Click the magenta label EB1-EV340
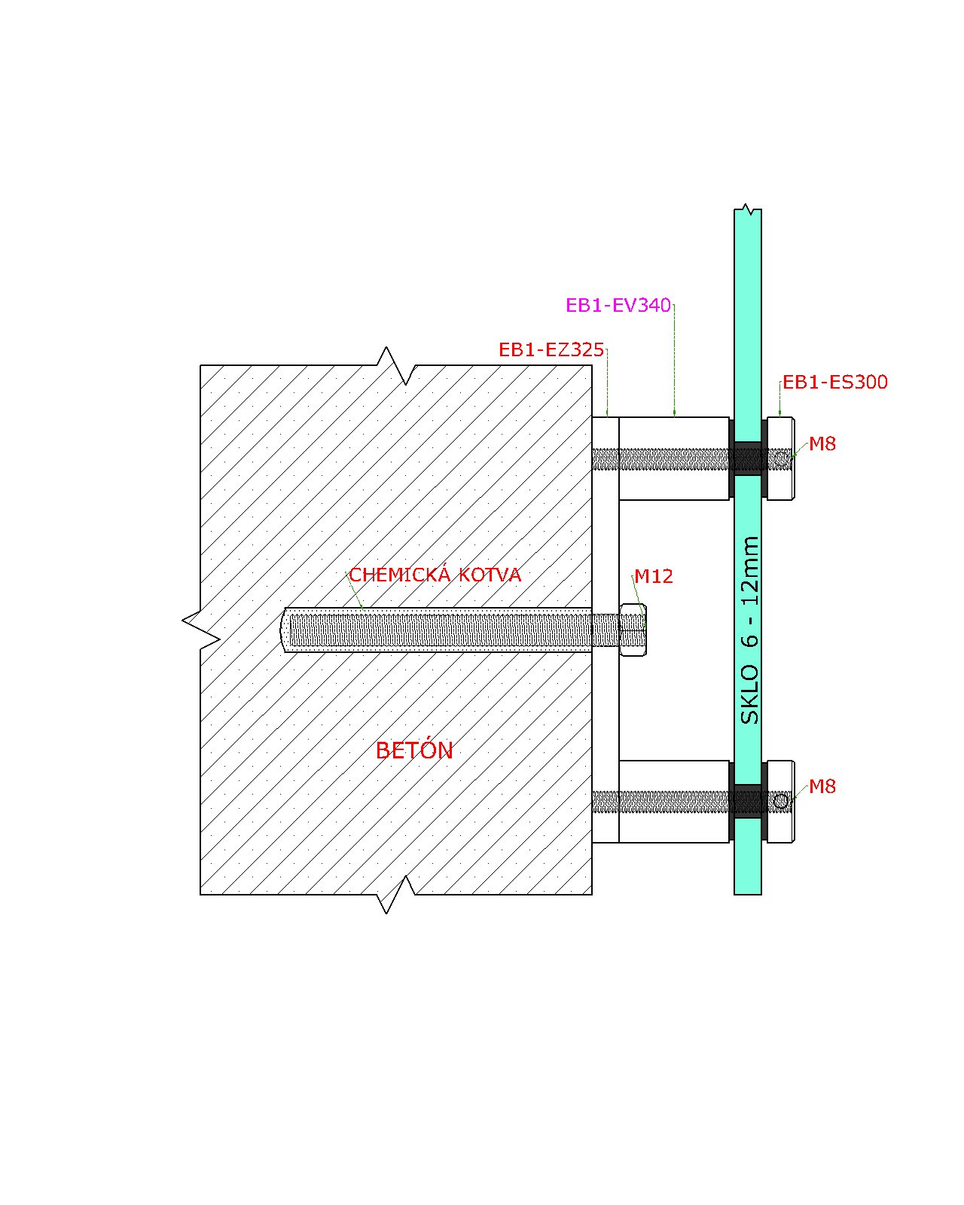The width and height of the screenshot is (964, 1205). pyautogui.click(x=618, y=305)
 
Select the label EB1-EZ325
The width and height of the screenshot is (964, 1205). pyautogui.click(x=551, y=350)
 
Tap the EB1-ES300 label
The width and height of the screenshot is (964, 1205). pyautogui.click(x=834, y=383)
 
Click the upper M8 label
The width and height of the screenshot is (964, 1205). pyautogui.click(x=822, y=444)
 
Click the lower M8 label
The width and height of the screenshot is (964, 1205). pyautogui.click(x=822, y=787)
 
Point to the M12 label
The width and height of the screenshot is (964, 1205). pyautogui.click(x=653, y=577)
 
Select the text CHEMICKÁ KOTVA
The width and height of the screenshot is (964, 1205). pyautogui.click(x=435, y=575)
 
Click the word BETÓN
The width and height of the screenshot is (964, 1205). pyautogui.click(x=414, y=751)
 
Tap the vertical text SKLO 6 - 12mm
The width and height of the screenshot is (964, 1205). pyautogui.click(x=749, y=630)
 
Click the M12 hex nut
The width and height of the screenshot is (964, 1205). pyautogui.click(x=633, y=630)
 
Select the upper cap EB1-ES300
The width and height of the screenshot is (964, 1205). pyautogui.click(x=781, y=459)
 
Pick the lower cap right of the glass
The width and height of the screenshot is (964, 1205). pyautogui.click(x=781, y=801)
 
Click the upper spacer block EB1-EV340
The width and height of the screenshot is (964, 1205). pyautogui.click(x=674, y=459)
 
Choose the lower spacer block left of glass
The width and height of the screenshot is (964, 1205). pyautogui.click(x=674, y=801)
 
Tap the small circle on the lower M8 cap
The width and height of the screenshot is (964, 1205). pyautogui.click(x=781, y=802)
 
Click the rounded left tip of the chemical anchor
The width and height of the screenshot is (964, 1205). pyautogui.click(x=282, y=630)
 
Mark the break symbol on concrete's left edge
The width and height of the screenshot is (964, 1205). pyautogui.click(x=201, y=630)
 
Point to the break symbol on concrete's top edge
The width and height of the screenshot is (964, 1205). pyautogui.click(x=397, y=366)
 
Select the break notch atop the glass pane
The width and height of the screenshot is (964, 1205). pyautogui.click(x=748, y=209)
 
